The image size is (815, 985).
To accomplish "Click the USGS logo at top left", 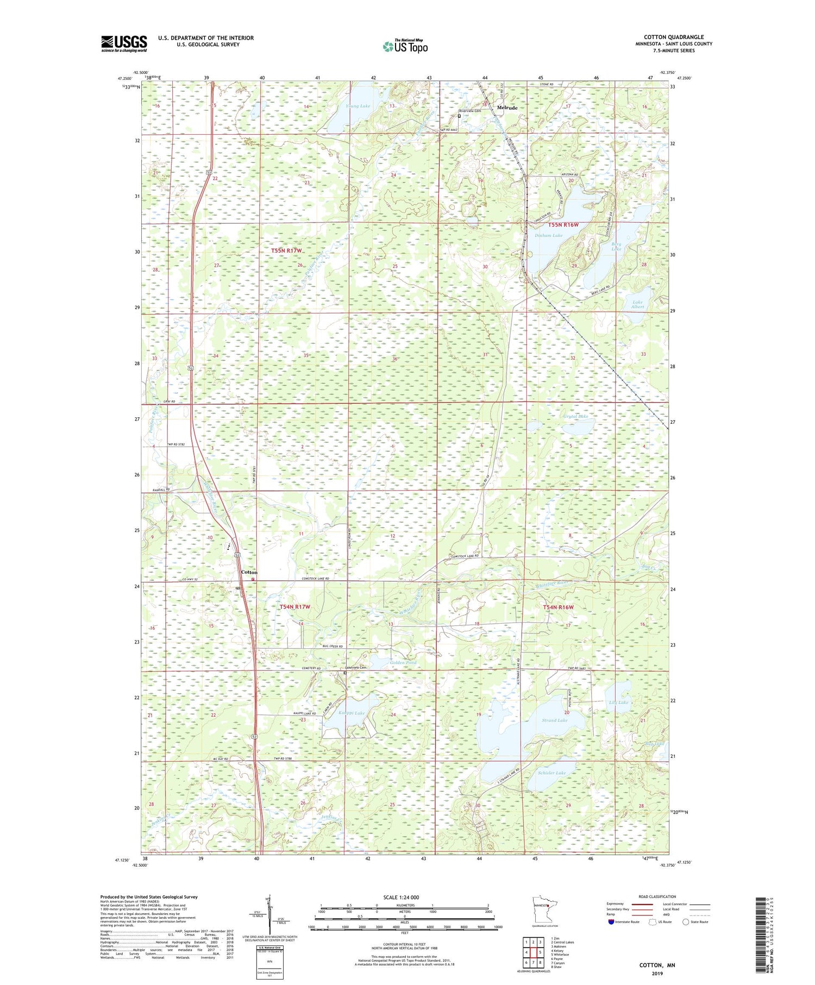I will (124, 43).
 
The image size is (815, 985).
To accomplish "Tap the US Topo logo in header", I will (405, 47).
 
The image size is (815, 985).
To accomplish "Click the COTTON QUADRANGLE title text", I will (673, 37).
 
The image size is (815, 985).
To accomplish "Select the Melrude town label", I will (507, 108).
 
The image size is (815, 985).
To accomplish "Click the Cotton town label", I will (249, 573).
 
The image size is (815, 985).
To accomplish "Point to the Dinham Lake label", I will (548, 235).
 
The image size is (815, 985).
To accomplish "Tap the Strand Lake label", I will (554, 720).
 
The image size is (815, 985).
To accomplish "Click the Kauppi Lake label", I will (352, 712).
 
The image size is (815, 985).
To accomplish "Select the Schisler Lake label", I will (552, 773).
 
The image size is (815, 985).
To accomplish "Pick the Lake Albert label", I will (637, 304).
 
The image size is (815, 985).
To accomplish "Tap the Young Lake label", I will (358, 106).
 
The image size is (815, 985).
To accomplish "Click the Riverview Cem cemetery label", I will (470, 111).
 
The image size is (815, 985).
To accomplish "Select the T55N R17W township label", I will (286, 250).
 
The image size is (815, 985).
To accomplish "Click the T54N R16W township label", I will (558, 607).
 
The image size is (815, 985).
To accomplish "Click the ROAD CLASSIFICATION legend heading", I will (657, 896).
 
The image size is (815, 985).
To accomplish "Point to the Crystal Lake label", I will (575, 417).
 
